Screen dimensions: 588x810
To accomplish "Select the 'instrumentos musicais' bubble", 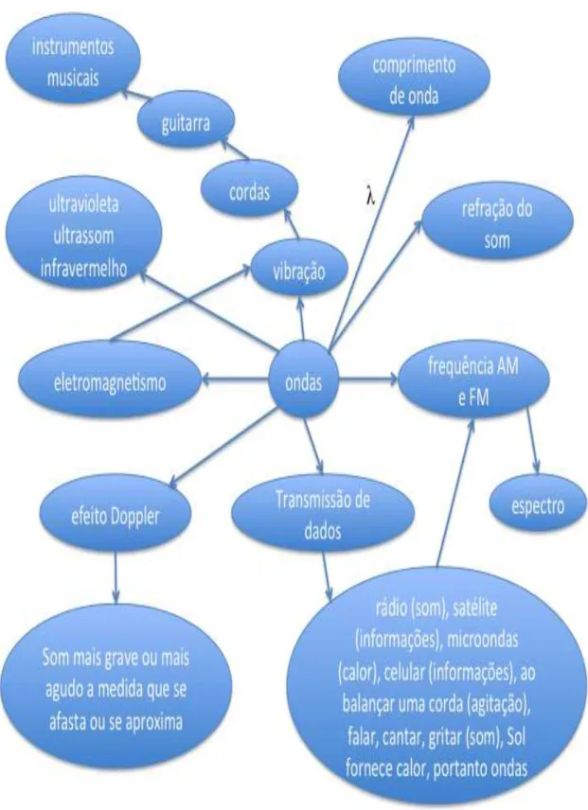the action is [72, 63].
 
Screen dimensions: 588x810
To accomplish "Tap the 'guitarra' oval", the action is [186, 122].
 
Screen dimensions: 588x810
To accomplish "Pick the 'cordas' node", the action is [249, 192].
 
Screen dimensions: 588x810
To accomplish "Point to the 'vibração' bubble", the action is [298, 270].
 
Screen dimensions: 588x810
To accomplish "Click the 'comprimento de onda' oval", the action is [414, 80].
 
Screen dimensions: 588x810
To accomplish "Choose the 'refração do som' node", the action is [498, 224].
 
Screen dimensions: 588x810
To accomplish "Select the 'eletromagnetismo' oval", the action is [110, 383].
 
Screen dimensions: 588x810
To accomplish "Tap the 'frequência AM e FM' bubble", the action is [473, 382].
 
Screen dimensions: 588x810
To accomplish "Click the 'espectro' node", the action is [538, 505].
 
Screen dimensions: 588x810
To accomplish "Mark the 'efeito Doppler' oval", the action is [116, 516].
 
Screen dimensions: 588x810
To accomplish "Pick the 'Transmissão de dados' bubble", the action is [323, 515].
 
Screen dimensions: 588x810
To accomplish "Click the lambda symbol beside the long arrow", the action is [370, 197].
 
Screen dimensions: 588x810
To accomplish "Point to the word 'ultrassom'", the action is [83, 237].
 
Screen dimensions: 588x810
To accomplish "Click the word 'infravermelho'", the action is [83, 268].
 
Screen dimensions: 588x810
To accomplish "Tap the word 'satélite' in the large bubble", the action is [474, 608].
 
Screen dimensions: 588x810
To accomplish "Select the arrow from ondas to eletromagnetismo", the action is [236, 380].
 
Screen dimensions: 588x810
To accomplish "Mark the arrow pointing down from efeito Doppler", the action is [115, 576].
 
